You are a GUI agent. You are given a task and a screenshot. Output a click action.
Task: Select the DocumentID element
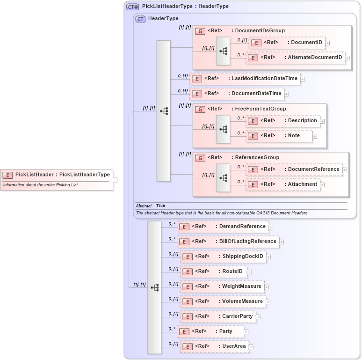tap(287, 43)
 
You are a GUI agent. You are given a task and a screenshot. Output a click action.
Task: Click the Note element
tap(279, 136)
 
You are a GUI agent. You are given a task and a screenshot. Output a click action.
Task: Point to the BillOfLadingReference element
tap(228, 242)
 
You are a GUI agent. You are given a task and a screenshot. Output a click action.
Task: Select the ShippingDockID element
tap(223, 257)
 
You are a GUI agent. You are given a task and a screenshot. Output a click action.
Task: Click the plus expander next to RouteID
tap(249, 272)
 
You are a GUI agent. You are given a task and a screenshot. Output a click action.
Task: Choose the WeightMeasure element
tap(222, 287)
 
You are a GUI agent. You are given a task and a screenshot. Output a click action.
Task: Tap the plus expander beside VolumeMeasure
tap(268, 302)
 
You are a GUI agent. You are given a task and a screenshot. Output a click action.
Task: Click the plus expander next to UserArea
tap(251, 347)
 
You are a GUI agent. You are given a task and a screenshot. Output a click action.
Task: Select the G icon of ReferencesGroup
tap(200, 158)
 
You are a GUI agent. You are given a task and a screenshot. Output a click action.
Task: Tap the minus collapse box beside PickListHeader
tap(115, 179)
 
